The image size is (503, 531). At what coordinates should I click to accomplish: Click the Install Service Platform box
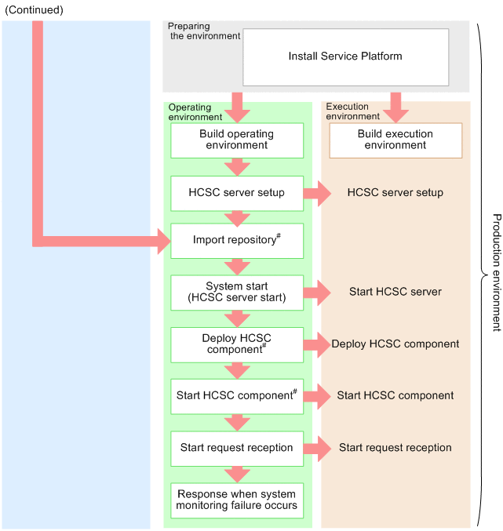pyautogui.click(x=345, y=56)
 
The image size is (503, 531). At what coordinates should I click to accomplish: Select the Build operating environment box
pyautogui.click(x=237, y=140)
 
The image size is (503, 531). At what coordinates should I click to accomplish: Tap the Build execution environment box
pyautogui.click(x=395, y=140)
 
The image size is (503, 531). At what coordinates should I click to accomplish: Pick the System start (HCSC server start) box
pyautogui.click(x=237, y=292)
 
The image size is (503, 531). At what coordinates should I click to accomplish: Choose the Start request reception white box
pyautogui.click(x=237, y=448)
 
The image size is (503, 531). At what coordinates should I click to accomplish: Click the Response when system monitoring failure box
pyautogui.click(x=237, y=500)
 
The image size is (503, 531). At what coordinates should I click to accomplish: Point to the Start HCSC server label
pyautogui.click(x=395, y=292)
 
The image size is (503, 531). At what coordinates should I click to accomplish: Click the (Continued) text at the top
pyautogui.click(x=34, y=10)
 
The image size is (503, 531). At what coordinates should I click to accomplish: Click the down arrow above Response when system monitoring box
pyautogui.click(x=237, y=473)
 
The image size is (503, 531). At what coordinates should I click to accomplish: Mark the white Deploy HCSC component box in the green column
pyautogui.click(x=237, y=344)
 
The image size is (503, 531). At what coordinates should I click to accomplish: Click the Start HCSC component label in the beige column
pyautogui.click(x=395, y=395)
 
